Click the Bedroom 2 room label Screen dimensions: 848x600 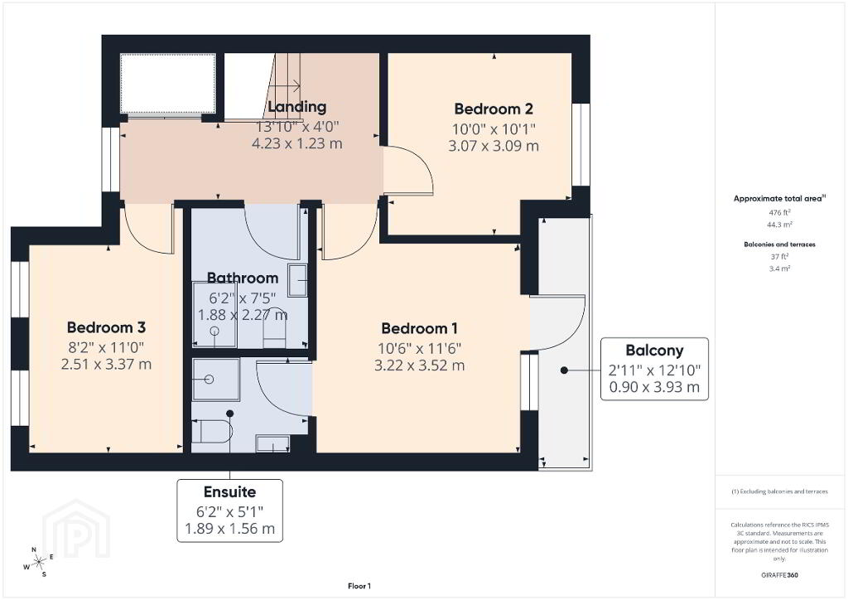pos(494,109)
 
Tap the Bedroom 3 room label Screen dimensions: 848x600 pos(106,327)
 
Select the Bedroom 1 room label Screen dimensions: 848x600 pos(419,328)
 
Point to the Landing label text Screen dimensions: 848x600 pos(297,107)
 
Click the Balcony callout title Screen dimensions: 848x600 pos(654,351)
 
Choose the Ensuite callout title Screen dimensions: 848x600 pos(230,491)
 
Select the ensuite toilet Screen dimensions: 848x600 pos(212,431)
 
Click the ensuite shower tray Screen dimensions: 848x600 pos(216,380)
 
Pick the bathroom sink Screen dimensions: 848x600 pos(297,280)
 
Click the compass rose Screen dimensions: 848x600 pos(38,563)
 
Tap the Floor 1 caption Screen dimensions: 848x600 pos(359,586)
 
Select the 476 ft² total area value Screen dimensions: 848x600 pos(779,213)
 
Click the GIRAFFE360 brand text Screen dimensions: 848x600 pos(779,575)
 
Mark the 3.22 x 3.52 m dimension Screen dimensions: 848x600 pos(419,365)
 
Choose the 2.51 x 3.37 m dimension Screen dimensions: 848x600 pos(106,364)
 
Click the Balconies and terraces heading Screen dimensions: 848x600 pos(779,244)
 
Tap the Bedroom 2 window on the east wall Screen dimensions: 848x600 pos(581,144)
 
